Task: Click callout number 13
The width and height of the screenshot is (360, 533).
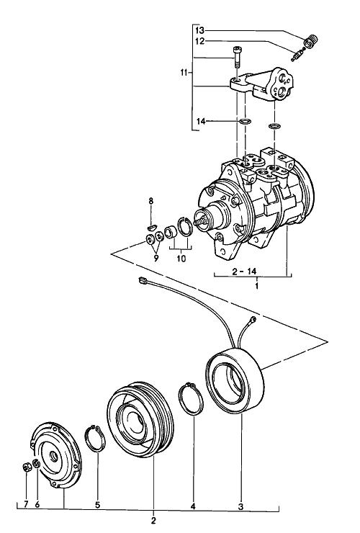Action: pos(200,30)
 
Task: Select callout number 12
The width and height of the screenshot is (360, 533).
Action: pos(200,41)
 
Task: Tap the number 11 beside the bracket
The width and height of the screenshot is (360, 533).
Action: pos(184,73)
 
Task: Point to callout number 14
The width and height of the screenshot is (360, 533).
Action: pos(202,121)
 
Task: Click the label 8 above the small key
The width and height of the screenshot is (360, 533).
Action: pos(151,201)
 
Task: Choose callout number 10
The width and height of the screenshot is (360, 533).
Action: pos(181,259)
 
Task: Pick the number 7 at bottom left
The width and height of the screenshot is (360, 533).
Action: pos(26,504)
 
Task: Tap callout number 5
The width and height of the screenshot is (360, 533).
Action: pos(98,505)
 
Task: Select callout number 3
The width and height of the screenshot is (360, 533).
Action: pos(240,506)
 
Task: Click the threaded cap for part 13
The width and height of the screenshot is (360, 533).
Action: pos(311,42)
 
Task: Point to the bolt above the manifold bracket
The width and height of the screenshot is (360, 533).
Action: pos(236,58)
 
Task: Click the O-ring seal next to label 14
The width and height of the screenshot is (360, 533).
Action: pos(244,121)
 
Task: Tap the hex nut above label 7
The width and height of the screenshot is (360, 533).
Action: pos(27,467)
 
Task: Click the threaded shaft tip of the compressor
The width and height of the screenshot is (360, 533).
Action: pos(199,220)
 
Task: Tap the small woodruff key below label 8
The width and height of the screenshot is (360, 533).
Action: pos(152,227)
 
